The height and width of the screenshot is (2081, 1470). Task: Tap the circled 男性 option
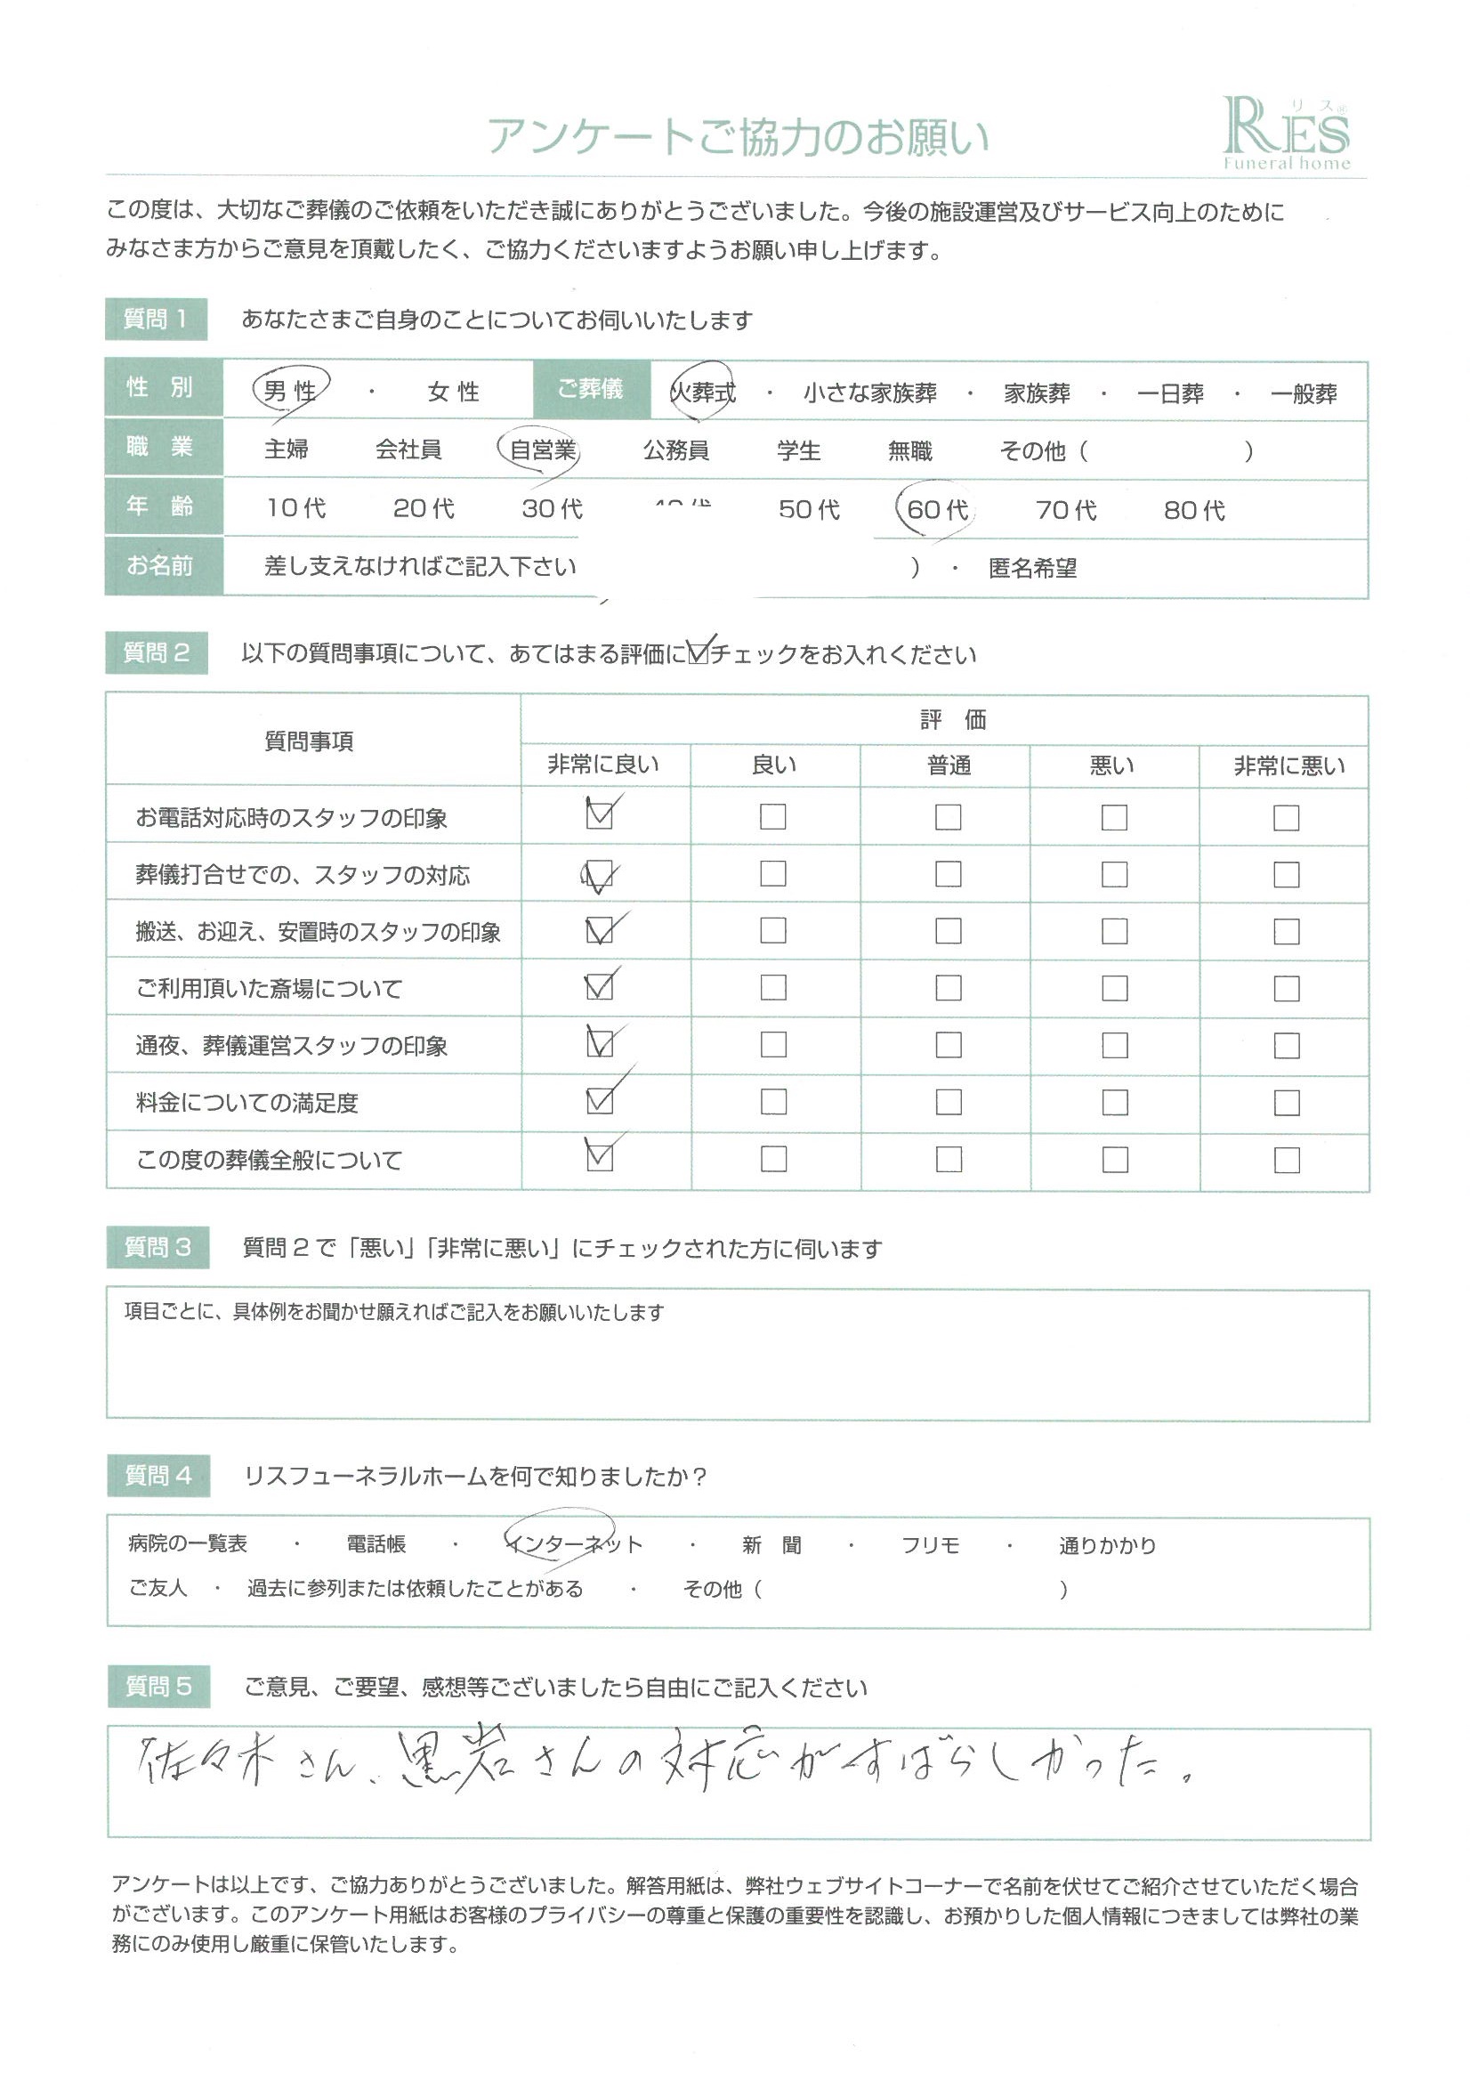click(x=290, y=391)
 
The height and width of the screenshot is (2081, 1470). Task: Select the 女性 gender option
click(x=453, y=392)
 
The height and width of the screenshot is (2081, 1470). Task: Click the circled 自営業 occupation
click(x=542, y=449)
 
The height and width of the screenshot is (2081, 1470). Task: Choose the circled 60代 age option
click(x=936, y=509)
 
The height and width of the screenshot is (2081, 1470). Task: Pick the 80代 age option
click(x=1193, y=510)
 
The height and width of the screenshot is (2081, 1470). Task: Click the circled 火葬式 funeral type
click(x=702, y=393)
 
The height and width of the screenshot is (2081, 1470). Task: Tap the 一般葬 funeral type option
click(x=1304, y=393)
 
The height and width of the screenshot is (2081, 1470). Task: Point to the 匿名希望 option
click(x=1032, y=568)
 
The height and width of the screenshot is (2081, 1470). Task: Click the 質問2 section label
click(x=156, y=652)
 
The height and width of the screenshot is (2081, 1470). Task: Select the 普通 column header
click(x=948, y=765)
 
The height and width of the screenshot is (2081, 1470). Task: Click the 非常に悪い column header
click(x=1288, y=765)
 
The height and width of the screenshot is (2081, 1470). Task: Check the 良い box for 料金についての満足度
click(x=773, y=1102)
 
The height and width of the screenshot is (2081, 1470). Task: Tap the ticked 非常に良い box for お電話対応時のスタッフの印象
click(x=600, y=815)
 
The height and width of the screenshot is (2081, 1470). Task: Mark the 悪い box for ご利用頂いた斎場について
click(x=1114, y=988)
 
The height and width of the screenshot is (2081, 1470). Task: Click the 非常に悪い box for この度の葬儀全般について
click(x=1286, y=1160)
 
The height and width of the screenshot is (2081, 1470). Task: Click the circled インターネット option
click(x=575, y=1544)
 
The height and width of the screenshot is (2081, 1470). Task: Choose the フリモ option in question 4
click(x=930, y=1545)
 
